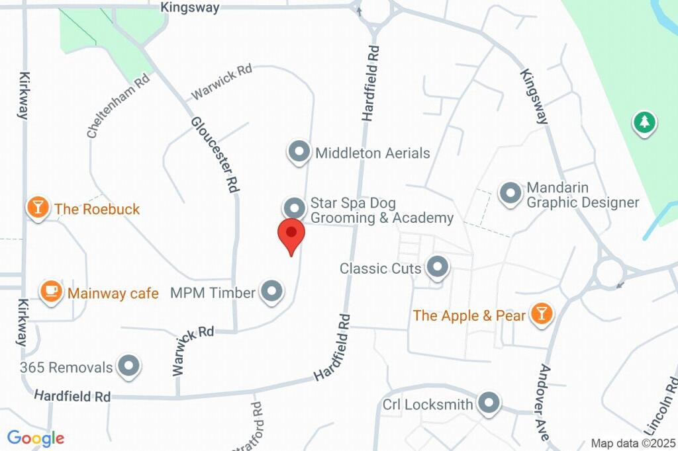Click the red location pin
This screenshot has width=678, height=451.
click(291, 234)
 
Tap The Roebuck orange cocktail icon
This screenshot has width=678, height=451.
click(38, 208)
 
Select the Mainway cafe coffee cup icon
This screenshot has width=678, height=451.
click(51, 292)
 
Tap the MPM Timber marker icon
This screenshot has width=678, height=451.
click(271, 292)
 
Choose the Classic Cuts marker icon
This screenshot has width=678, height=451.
click(437, 268)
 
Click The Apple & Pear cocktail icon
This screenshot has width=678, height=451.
click(542, 315)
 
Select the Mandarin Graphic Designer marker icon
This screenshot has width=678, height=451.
click(510, 194)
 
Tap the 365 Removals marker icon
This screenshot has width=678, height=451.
click(128, 366)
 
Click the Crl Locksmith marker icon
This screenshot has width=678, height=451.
click(489, 403)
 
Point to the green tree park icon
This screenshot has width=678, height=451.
click(644, 122)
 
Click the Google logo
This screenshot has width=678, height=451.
click(36, 438)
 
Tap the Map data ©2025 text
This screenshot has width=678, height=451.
click(634, 443)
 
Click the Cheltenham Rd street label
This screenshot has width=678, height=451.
click(119, 106)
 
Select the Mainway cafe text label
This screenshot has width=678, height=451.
click(113, 293)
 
